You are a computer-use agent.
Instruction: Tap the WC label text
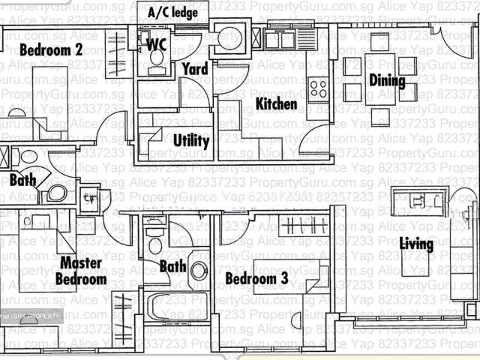pos(157,43)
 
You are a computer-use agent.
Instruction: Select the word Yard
pos(195,70)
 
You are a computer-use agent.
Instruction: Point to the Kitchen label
pos(277,103)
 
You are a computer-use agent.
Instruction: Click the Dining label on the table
pos(386,81)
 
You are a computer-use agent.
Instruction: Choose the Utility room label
pos(191,140)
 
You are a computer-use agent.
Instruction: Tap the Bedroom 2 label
pos(50,50)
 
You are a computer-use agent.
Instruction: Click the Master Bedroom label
pos(82,271)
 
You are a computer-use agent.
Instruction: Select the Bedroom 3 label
pos(256,279)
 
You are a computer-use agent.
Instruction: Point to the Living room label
pos(415,244)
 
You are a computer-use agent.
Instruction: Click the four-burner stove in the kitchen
pos(318,88)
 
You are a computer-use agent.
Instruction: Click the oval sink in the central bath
pos(199,270)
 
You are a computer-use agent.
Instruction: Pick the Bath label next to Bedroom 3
pos(172,265)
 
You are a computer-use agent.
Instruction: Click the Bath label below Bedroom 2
pos(22,180)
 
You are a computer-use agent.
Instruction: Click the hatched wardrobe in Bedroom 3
pos(304,223)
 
